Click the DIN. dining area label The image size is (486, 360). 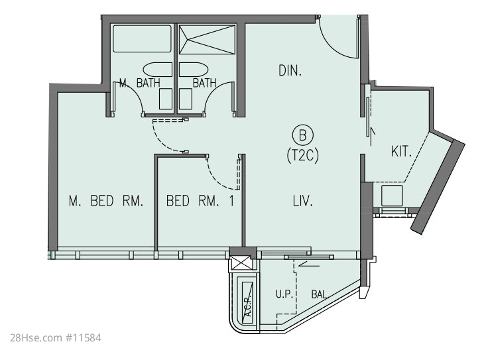click(x=290, y=71)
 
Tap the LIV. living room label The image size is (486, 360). click(x=302, y=201)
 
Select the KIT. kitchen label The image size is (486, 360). click(x=401, y=152)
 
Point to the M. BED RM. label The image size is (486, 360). click(x=106, y=201)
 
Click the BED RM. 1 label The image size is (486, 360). click(x=200, y=201)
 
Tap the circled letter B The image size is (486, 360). click(x=303, y=135)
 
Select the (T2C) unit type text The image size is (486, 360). click(x=303, y=155)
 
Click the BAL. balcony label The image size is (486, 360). click(x=320, y=294)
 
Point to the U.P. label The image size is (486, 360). click(x=284, y=294)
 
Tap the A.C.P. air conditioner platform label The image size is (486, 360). click(x=248, y=305)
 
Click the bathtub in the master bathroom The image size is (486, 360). click(x=142, y=38)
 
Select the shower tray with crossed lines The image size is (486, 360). click(x=208, y=40)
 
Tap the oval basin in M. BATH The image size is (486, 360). click(x=157, y=70)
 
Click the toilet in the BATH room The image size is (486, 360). click(x=186, y=99)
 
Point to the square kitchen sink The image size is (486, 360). click(x=392, y=196)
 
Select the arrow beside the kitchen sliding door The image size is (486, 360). click(x=371, y=136)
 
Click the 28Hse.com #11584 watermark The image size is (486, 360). click(x=56, y=337)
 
